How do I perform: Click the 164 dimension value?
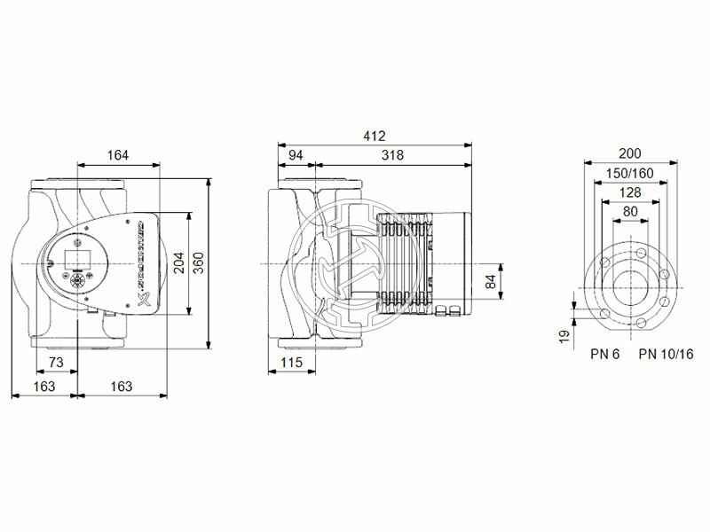(118, 155)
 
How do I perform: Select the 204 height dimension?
(179, 262)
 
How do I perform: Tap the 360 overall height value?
(199, 262)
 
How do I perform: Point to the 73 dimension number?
(55, 363)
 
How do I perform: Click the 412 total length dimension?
(375, 136)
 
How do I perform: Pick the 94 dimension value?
(296, 155)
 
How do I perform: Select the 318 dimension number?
(391, 155)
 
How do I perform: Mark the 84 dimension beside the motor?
(490, 283)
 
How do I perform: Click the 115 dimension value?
(292, 363)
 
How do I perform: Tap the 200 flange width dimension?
(630, 153)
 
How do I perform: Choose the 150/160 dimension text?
(630, 173)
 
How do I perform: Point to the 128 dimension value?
(630, 192)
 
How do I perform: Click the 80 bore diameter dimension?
(630, 211)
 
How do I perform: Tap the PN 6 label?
(605, 354)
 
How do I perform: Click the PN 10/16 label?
(666, 354)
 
